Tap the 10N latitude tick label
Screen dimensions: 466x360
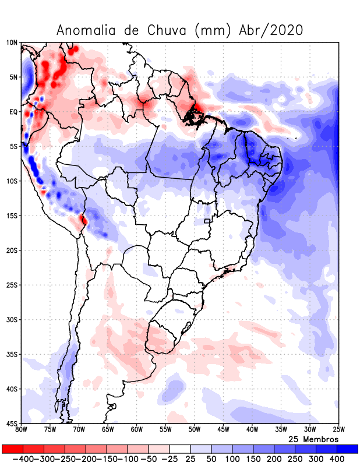pos(12,43)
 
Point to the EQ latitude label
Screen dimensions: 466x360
pos(13,112)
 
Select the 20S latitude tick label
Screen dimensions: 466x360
pos(12,250)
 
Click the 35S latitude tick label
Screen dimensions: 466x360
pos(12,354)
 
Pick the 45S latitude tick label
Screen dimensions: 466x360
pos(12,423)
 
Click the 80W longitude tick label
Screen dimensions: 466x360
pos(22,430)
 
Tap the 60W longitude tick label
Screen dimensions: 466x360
pos(136,430)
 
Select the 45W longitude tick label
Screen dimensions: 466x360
pos(223,430)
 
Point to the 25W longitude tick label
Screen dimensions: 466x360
pos(338,430)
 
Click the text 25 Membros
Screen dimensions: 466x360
pos(313,439)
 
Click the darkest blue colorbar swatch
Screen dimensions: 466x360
pos(348,449)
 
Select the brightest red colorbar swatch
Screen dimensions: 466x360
pos(12,449)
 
